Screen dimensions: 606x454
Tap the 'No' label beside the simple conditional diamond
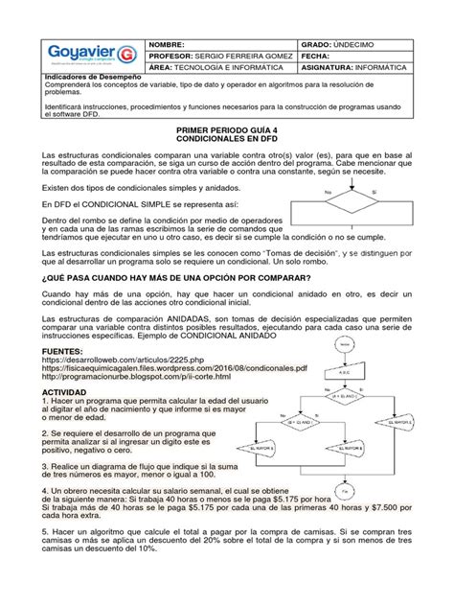pos(329,192)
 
